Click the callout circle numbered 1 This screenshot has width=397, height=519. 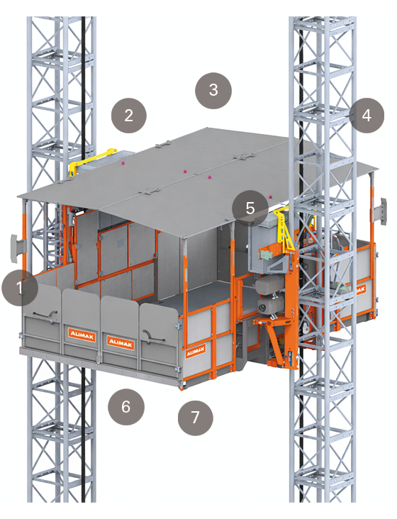[x=19, y=288]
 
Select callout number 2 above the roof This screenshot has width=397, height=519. [x=128, y=115]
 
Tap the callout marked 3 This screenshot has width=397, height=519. [x=213, y=91]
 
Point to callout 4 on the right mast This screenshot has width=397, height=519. [x=366, y=115]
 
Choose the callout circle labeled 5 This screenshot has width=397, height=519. [x=250, y=208]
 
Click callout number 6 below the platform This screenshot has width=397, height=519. [x=126, y=407]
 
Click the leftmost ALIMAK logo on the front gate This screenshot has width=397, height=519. [x=82, y=335]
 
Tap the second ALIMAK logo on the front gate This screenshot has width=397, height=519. [x=121, y=342]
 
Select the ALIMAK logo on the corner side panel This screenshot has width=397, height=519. [x=196, y=351]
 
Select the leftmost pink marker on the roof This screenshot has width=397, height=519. [x=123, y=163]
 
